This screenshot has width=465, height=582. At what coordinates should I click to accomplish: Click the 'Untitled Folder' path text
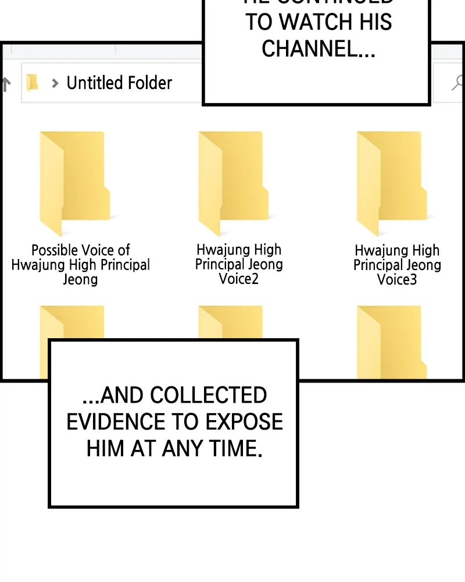pyautogui.click(x=119, y=83)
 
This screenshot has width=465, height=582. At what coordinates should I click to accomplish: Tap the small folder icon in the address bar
pyautogui.click(x=33, y=83)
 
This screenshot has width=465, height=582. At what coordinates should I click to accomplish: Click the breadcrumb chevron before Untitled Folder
pyautogui.click(x=55, y=83)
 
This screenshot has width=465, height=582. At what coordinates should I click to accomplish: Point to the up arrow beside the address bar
pyautogui.click(x=6, y=84)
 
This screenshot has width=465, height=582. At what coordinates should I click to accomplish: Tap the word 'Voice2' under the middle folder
pyautogui.click(x=239, y=279)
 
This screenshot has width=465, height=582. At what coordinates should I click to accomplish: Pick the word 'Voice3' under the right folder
pyautogui.click(x=397, y=279)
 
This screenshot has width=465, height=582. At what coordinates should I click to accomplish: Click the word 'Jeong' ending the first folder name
pyautogui.click(x=80, y=279)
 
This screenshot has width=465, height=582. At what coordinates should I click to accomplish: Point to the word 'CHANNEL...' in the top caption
pyautogui.click(x=318, y=49)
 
